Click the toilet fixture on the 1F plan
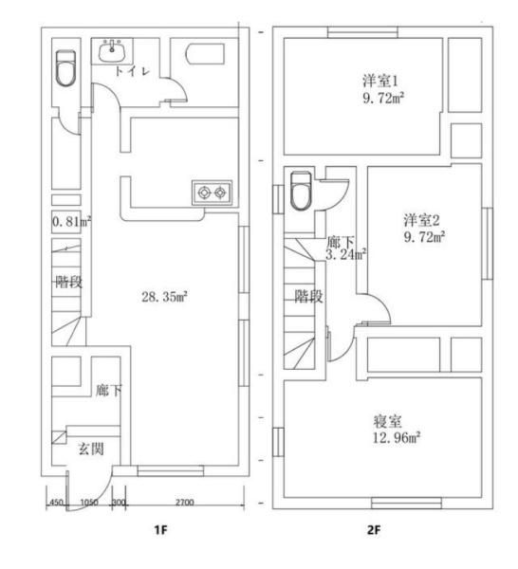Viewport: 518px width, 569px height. point(65,68)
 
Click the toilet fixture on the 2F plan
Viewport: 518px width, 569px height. point(301,191)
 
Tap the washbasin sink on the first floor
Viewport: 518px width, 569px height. point(112,51)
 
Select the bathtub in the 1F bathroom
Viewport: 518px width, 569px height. point(205,55)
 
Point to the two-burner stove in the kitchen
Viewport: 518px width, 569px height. point(212,193)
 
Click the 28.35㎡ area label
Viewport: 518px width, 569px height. point(164,297)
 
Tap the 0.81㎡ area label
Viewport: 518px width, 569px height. point(71,221)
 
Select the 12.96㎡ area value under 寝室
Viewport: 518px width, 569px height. point(397,437)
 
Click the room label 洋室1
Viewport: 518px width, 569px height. point(380,81)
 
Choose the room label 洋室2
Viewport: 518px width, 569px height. point(422,220)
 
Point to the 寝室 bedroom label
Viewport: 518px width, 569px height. point(388,421)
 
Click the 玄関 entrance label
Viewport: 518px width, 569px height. point(91,450)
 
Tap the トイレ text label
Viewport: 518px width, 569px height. point(132,71)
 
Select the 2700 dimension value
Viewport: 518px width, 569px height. point(184,503)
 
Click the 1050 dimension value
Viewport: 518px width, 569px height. point(89,503)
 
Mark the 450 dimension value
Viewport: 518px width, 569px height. point(57,503)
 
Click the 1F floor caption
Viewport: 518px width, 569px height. point(161,530)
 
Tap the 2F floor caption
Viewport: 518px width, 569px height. point(374,530)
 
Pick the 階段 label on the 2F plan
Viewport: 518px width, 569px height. point(308,297)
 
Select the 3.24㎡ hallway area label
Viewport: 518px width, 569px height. point(345,255)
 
